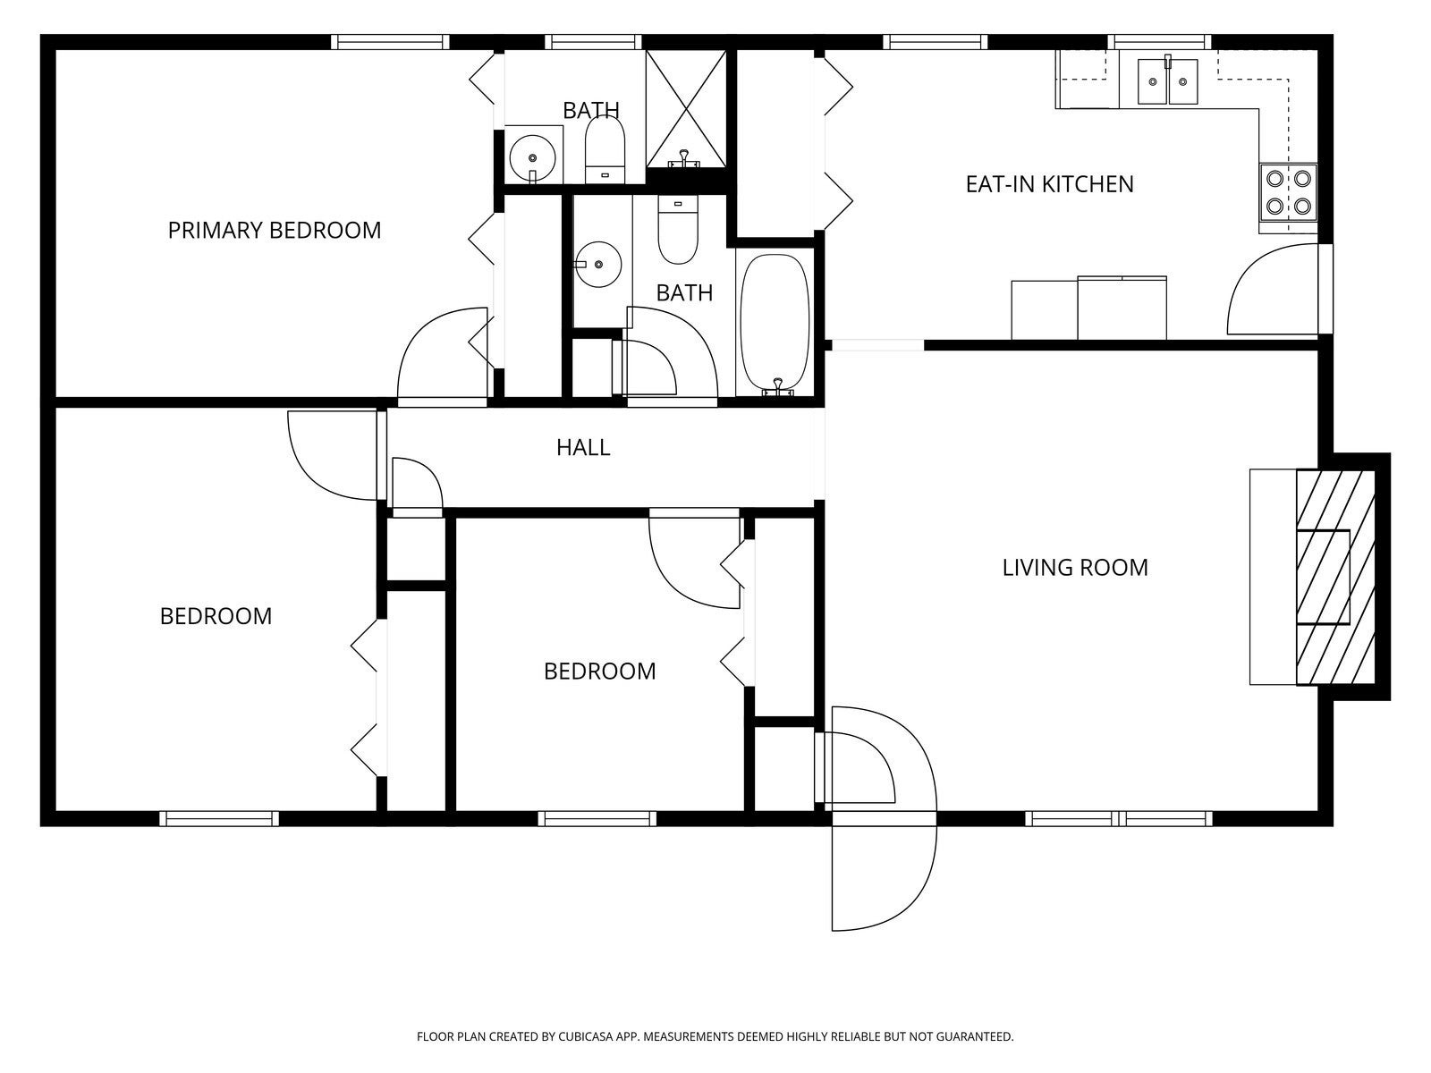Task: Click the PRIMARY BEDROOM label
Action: coord(275,231)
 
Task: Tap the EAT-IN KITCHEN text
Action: coord(1050,184)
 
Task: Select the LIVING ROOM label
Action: coord(1075,568)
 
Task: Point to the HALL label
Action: coord(583,448)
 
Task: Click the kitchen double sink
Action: coord(1168,81)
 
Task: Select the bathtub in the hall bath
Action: coord(775,324)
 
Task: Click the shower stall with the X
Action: coord(686,109)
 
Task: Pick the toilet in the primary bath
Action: coord(605,151)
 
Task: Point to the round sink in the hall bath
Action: coord(597,265)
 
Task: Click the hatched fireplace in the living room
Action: coord(1335,577)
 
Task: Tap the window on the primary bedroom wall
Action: coord(391,42)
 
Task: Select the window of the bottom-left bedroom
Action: coord(219,818)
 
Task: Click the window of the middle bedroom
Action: coord(597,818)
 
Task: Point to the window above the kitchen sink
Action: coord(1163,42)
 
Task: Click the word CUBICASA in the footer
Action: coord(586,1036)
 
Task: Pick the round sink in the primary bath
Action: coord(533,158)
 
